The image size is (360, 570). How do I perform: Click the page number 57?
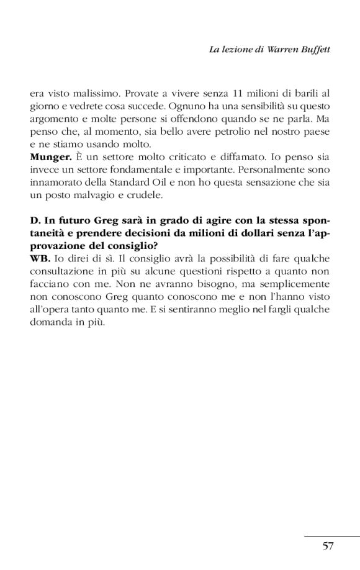point(328,546)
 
